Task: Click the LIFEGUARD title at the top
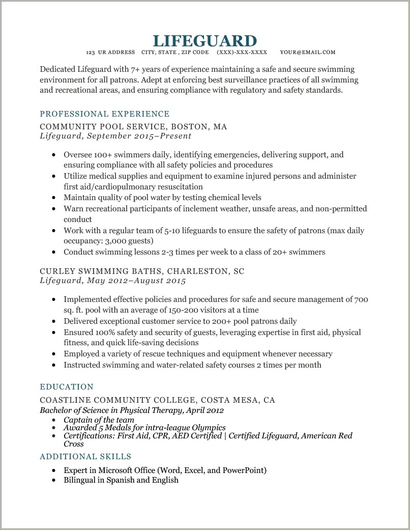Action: [204, 41]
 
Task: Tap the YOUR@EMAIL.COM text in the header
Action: [307, 52]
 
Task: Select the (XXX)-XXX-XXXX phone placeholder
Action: [242, 52]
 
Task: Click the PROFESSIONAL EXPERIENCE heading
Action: [104, 114]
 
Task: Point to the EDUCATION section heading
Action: [67, 387]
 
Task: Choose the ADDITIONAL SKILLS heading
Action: [85, 457]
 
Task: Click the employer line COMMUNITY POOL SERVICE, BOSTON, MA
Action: [133, 127]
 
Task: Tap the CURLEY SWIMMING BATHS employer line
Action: [142, 271]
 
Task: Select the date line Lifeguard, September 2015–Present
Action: [115, 136]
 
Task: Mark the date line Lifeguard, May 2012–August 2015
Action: [113, 281]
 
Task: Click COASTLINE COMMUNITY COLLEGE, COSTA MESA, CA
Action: [157, 400]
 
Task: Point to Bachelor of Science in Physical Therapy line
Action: [132, 410]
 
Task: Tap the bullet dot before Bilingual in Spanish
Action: [53, 481]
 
